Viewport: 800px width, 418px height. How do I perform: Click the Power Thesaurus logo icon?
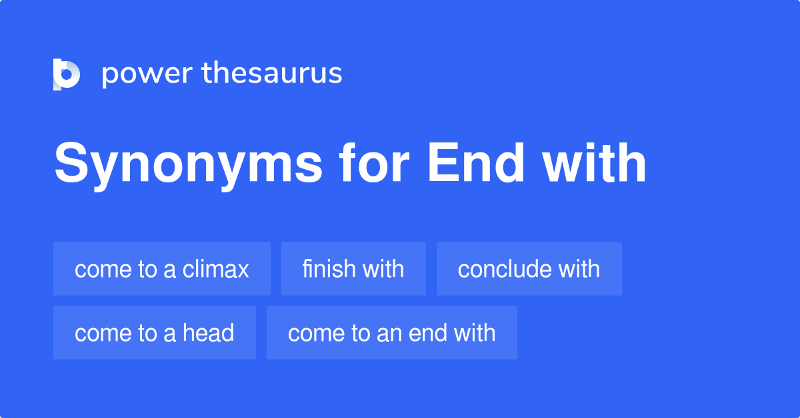(x=66, y=74)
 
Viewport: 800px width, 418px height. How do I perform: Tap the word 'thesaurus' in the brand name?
(x=272, y=73)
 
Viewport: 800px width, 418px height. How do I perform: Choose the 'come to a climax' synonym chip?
(x=162, y=269)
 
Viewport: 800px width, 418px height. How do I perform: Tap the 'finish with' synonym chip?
(x=353, y=269)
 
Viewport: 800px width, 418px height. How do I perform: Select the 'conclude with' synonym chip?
(x=529, y=269)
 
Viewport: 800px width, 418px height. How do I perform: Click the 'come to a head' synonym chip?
(x=155, y=333)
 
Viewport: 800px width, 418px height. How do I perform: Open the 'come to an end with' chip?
(x=392, y=333)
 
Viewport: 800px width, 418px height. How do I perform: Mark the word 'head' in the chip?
(x=209, y=333)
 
